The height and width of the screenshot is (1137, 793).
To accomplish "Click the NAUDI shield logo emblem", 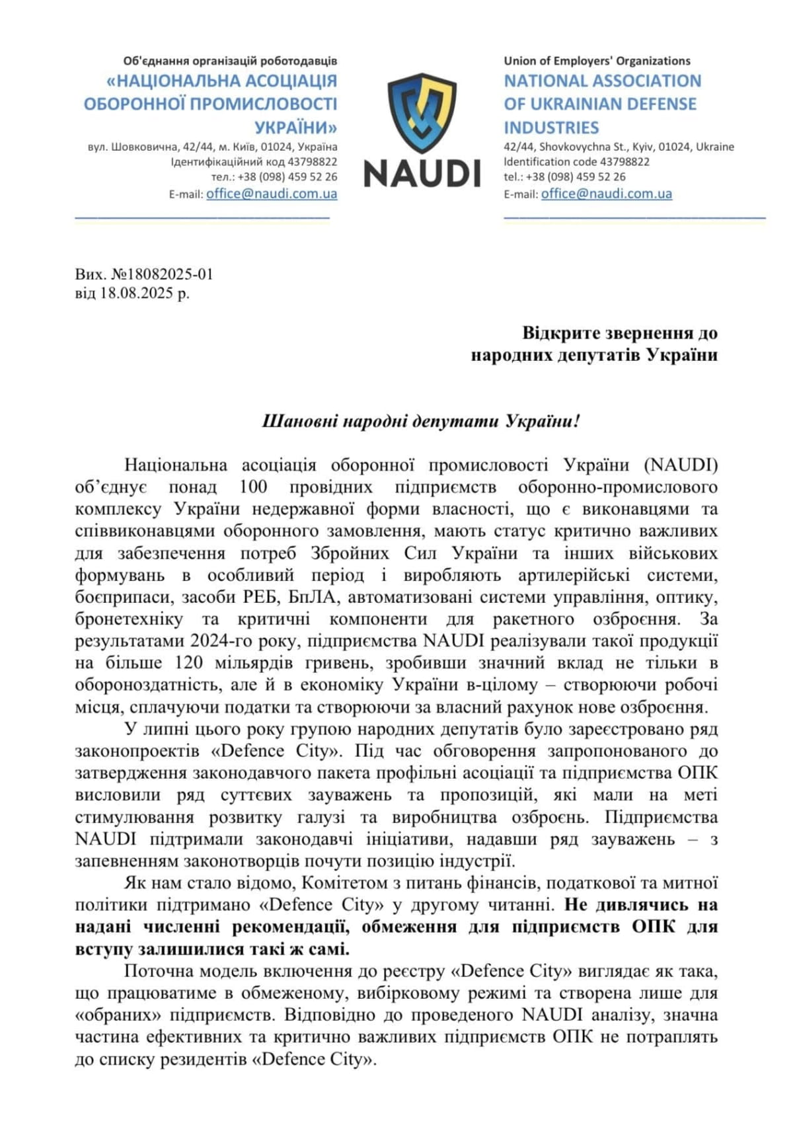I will tap(422, 113).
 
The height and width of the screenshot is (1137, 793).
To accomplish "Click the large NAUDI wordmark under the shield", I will tap(422, 173).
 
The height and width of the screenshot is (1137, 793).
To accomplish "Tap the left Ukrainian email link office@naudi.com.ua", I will tap(272, 194).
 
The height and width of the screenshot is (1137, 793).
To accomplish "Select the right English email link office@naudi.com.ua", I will tap(606, 194).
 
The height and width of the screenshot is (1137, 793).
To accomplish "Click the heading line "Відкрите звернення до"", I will tap(619, 333).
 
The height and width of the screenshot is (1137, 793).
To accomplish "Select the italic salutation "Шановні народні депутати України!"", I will tap(421, 421).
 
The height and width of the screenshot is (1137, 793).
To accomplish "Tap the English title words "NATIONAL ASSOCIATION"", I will tap(602, 81).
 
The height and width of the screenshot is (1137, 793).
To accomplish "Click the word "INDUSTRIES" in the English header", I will tap(551, 128).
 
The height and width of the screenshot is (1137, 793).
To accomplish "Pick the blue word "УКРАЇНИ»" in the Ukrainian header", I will tap(295, 128).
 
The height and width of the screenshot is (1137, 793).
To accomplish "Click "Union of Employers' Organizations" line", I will tap(597, 61).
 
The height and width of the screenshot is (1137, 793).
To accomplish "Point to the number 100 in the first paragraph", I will tap(253, 487).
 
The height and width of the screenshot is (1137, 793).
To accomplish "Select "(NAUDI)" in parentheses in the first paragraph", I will tap(681, 465).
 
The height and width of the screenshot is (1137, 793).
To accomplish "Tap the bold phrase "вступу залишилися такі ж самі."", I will tap(212, 949).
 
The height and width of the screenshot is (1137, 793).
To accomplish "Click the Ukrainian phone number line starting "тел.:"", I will tap(274, 177).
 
